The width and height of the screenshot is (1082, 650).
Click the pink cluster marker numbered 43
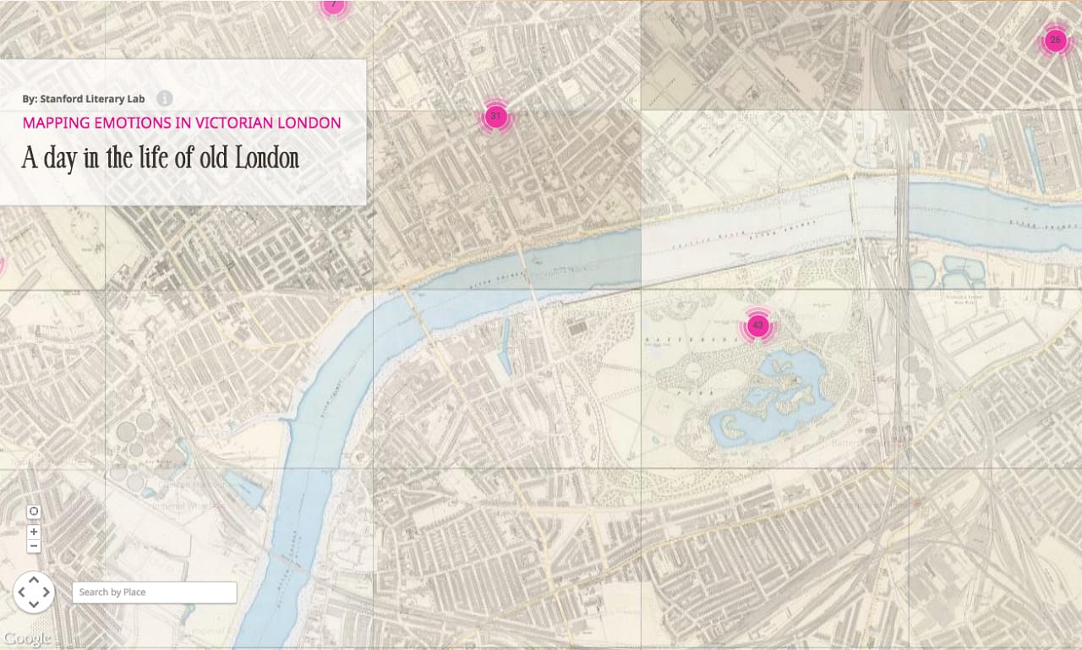pyautogui.click(x=757, y=325)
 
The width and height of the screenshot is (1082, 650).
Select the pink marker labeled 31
pyautogui.click(x=496, y=117)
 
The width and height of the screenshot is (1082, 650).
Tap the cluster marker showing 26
pyautogui.click(x=1054, y=40)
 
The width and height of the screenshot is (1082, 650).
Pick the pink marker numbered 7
pyautogui.click(x=333, y=5)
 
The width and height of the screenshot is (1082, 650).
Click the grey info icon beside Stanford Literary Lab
pyautogui.click(x=165, y=99)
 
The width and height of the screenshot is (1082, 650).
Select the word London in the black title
pyautogui.click(x=267, y=158)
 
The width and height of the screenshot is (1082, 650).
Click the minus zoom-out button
pyautogui.click(x=34, y=546)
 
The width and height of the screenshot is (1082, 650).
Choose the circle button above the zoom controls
pyautogui.click(x=34, y=511)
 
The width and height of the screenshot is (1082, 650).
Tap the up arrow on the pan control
pyautogui.click(x=34, y=579)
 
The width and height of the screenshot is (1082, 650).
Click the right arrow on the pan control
pyautogui.click(x=46, y=592)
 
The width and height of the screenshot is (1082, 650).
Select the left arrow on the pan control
pyautogui.click(x=21, y=592)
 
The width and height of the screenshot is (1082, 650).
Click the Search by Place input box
pyautogui.click(x=154, y=593)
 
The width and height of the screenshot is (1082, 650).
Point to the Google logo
pyautogui.click(x=27, y=638)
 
